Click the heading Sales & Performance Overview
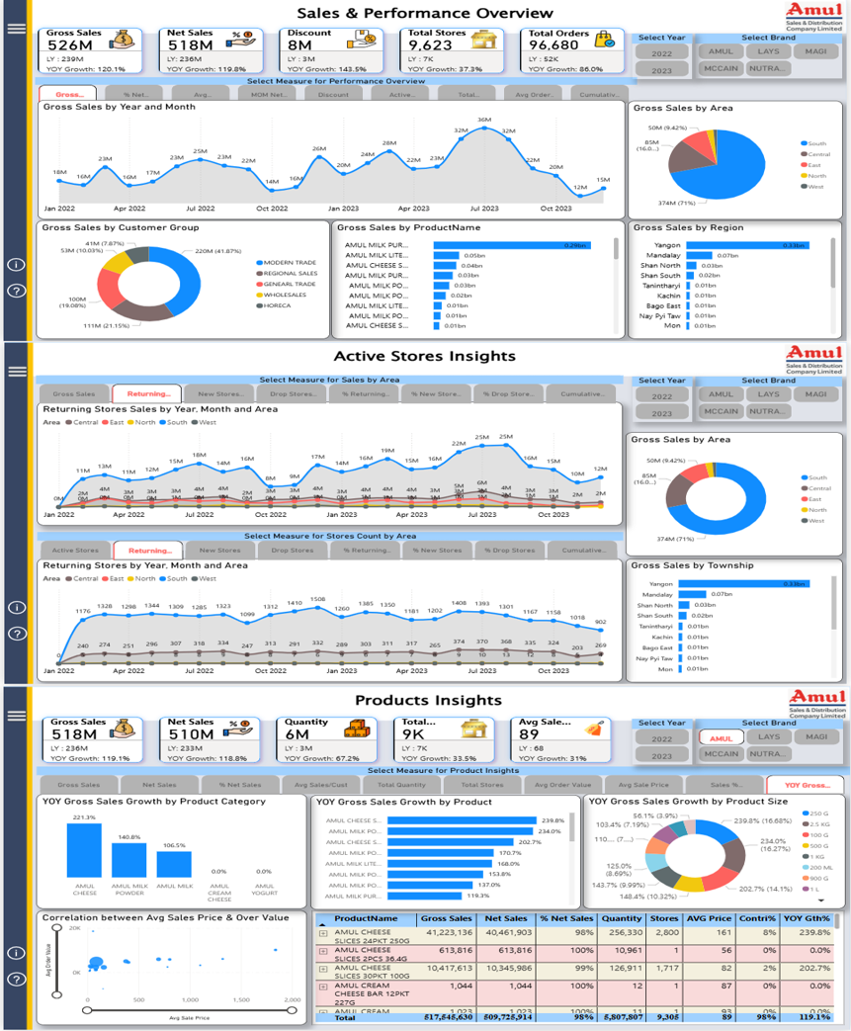(425, 13)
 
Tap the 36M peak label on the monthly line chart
(484, 120)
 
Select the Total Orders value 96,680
(553, 45)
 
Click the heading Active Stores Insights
(424, 356)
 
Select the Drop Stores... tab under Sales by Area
(293, 394)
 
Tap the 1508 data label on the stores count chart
(318, 599)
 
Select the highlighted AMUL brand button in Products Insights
(722, 736)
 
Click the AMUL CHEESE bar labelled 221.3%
(86, 850)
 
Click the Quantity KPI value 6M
(296, 734)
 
